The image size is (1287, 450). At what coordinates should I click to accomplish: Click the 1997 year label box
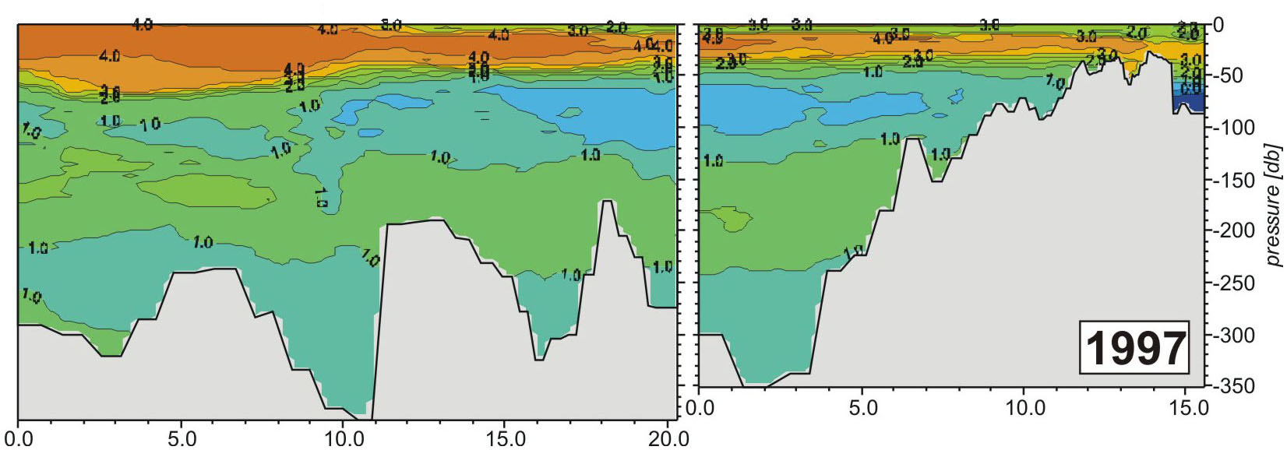(x=1135, y=347)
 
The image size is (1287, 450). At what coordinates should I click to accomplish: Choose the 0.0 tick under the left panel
(x=19, y=439)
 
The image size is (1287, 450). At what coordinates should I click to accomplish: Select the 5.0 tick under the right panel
(x=862, y=407)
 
